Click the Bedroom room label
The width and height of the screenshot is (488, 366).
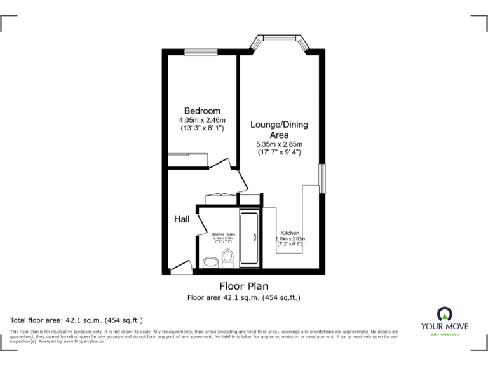coord(202,111)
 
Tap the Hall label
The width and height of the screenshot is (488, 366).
coord(182,219)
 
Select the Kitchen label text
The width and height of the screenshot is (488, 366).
coord(290,233)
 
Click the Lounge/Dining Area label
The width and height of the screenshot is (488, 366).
coord(279,130)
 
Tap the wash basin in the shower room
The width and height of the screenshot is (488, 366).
coord(210,262)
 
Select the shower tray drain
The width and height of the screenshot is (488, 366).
coord(254,238)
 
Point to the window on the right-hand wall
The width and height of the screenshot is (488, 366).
coord(322,179)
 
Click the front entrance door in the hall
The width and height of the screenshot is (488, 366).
coord(181,267)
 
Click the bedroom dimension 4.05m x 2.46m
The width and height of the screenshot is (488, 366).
coord(202,119)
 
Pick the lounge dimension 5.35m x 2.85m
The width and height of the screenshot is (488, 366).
coord(279,144)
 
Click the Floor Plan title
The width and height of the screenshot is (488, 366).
coord(244,286)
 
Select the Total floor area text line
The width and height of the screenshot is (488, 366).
coord(77,320)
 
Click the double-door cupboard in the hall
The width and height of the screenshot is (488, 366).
coord(217,198)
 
